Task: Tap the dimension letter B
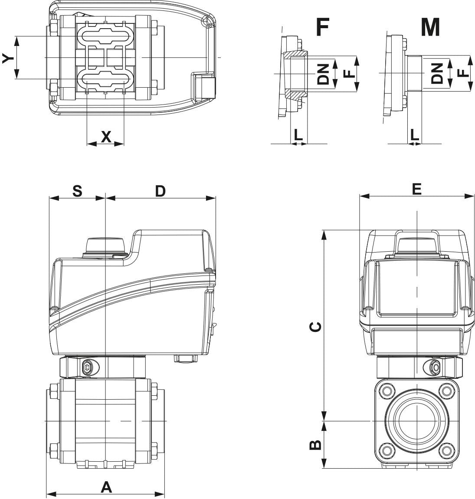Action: pos(316,444)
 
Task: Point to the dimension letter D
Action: pos(161,191)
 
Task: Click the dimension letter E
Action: pos(416,189)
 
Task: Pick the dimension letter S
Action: pos(77,191)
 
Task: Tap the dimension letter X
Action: pos(106,137)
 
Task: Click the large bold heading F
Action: pos(322,27)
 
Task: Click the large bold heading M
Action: pos(430,27)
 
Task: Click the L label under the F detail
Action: pos(298,135)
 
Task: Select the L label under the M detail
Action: pos(415,135)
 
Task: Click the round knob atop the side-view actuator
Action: pos(107,245)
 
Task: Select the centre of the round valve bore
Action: pos(416,421)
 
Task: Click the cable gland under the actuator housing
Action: pos(186,359)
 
